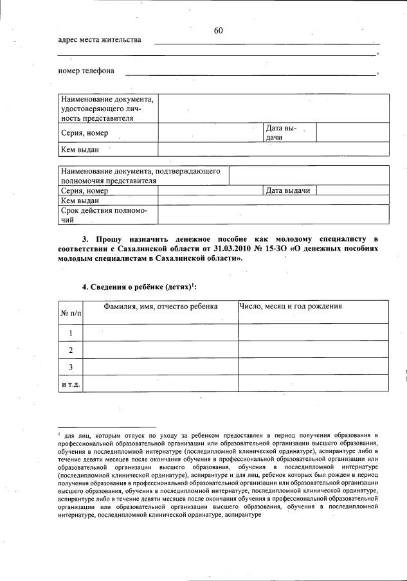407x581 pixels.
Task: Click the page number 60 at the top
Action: pos(218,30)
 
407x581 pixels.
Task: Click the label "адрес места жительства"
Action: pos(99,40)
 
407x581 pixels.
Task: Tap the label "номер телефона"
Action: pos(86,71)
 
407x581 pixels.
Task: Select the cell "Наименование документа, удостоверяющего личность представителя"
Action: pos(107,109)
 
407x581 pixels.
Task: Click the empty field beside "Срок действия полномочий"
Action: pos(273,215)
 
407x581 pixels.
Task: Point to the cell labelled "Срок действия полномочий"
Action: pos(107,215)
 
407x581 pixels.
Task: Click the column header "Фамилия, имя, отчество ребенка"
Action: pos(160,307)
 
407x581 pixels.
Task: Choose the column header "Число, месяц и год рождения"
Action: pos(290,307)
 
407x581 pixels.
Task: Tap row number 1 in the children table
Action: pos(71,333)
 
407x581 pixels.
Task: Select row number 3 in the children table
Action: pos(71,366)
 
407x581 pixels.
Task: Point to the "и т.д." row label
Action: pos(71,384)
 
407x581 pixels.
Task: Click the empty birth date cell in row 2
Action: pos(313,350)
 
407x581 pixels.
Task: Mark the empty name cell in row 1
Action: pos(161,333)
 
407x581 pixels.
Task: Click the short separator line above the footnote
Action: pos(107,426)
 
